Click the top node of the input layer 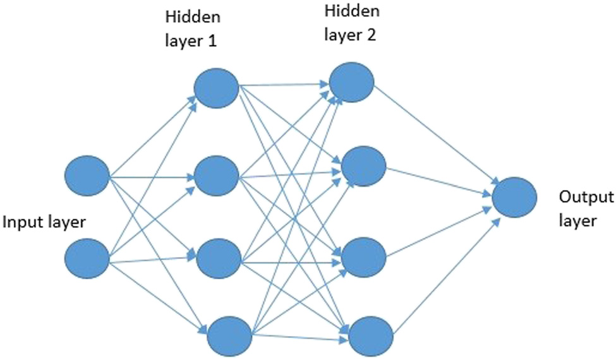tap(88, 175)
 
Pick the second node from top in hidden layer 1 tap(216, 176)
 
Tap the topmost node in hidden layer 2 tap(351, 81)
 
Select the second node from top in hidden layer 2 tap(363, 165)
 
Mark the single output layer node tap(515, 198)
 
